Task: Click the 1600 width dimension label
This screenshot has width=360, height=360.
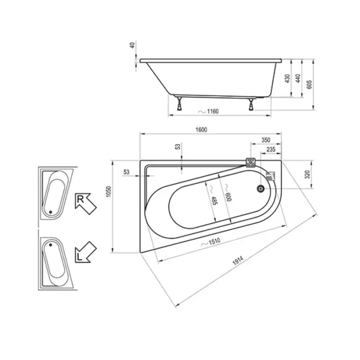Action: (202, 130)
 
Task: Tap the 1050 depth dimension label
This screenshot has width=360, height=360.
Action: (109, 191)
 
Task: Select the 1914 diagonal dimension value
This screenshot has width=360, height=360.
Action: (238, 260)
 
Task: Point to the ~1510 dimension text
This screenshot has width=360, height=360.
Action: (210, 242)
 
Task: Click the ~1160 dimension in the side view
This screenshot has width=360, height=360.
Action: (208, 112)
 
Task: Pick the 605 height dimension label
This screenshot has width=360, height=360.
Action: (309, 85)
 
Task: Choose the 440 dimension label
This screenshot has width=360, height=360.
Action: (298, 79)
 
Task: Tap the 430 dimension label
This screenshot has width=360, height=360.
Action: (287, 79)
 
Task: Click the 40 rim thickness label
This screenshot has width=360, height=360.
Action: (133, 45)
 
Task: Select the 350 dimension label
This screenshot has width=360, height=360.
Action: (266, 140)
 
